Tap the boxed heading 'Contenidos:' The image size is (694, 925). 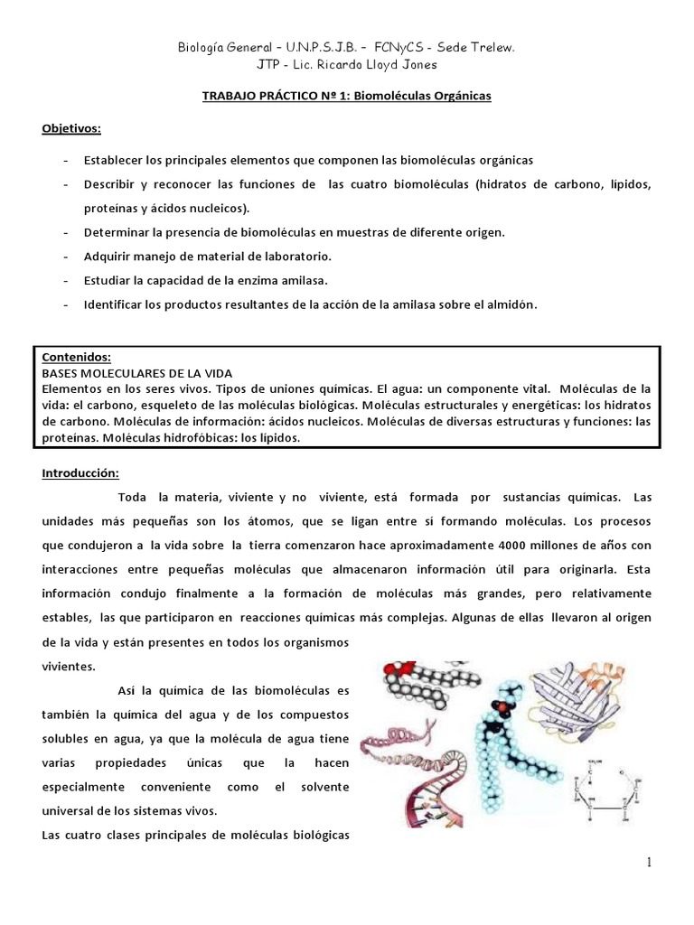(78, 356)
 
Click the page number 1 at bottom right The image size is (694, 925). (649, 863)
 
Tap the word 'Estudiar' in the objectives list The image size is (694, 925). (108, 280)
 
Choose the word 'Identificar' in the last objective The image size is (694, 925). (116, 304)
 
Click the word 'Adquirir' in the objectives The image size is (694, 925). (108, 256)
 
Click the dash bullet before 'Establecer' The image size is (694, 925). (67, 160)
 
